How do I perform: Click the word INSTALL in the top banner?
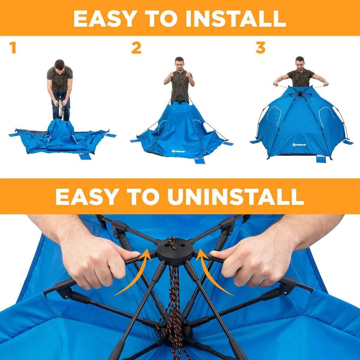pos(236,19)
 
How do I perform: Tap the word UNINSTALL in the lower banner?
pos(236,197)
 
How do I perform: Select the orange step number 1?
pos(13,48)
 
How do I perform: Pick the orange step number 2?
pos(136,48)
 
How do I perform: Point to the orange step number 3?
pos(260,48)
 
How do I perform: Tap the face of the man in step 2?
pos(179,64)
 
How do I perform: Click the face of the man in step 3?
pos(300,64)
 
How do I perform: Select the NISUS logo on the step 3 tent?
pos(299,145)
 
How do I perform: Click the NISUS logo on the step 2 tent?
pos(179,151)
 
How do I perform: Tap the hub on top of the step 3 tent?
pos(300,93)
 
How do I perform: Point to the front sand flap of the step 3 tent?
pos(321,158)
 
